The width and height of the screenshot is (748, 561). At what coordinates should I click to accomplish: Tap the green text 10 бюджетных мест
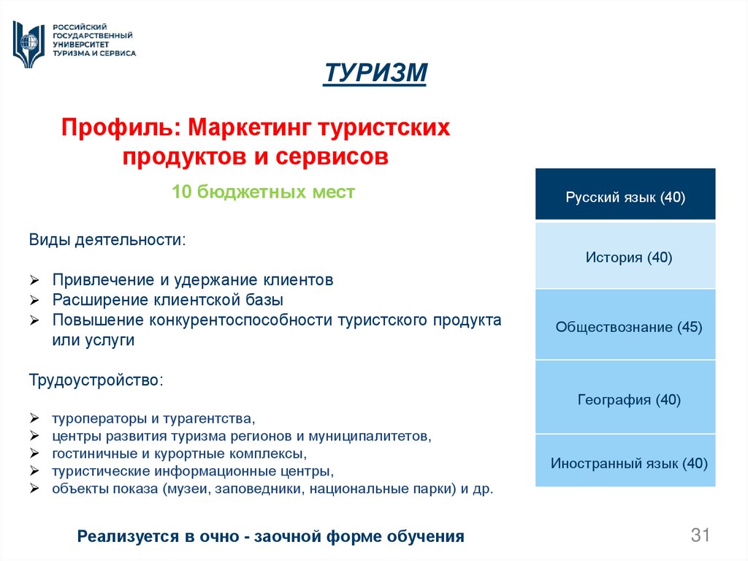pos(263,192)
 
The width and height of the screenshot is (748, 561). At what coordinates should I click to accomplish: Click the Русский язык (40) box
pos(625,197)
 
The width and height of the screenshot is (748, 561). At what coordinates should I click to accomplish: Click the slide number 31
pos(701,535)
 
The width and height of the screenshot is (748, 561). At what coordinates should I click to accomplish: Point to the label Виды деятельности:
pos(107,240)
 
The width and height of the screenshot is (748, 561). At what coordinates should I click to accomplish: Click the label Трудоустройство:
pos(96,380)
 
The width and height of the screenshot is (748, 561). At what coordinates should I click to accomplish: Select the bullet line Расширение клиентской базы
pos(167,300)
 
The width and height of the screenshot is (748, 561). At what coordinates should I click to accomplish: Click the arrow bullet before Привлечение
pos(34,280)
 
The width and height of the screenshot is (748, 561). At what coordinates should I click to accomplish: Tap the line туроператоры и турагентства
pos(153,420)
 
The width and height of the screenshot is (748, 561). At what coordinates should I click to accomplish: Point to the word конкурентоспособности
pos(242,320)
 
